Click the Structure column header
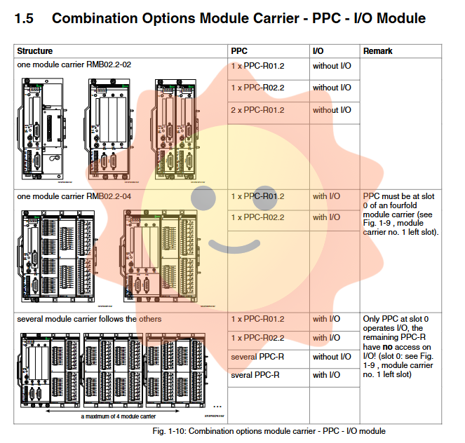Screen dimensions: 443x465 (x=35, y=51)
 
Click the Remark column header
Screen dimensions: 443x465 (x=378, y=51)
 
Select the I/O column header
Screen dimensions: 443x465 (x=318, y=51)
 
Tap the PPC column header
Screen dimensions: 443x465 (x=239, y=51)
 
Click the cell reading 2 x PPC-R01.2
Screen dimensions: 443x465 (x=257, y=110)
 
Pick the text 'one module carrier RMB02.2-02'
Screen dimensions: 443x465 (x=74, y=64)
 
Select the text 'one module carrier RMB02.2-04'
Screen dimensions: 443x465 (x=74, y=196)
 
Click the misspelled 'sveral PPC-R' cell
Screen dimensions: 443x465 (x=255, y=375)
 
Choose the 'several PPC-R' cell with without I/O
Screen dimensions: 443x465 (x=257, y=357)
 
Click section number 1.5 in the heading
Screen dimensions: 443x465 (x=25, y=18)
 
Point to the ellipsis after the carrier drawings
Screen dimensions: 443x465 (x=217, y=406)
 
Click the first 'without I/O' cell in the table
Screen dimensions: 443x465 (x=332, y=65)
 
